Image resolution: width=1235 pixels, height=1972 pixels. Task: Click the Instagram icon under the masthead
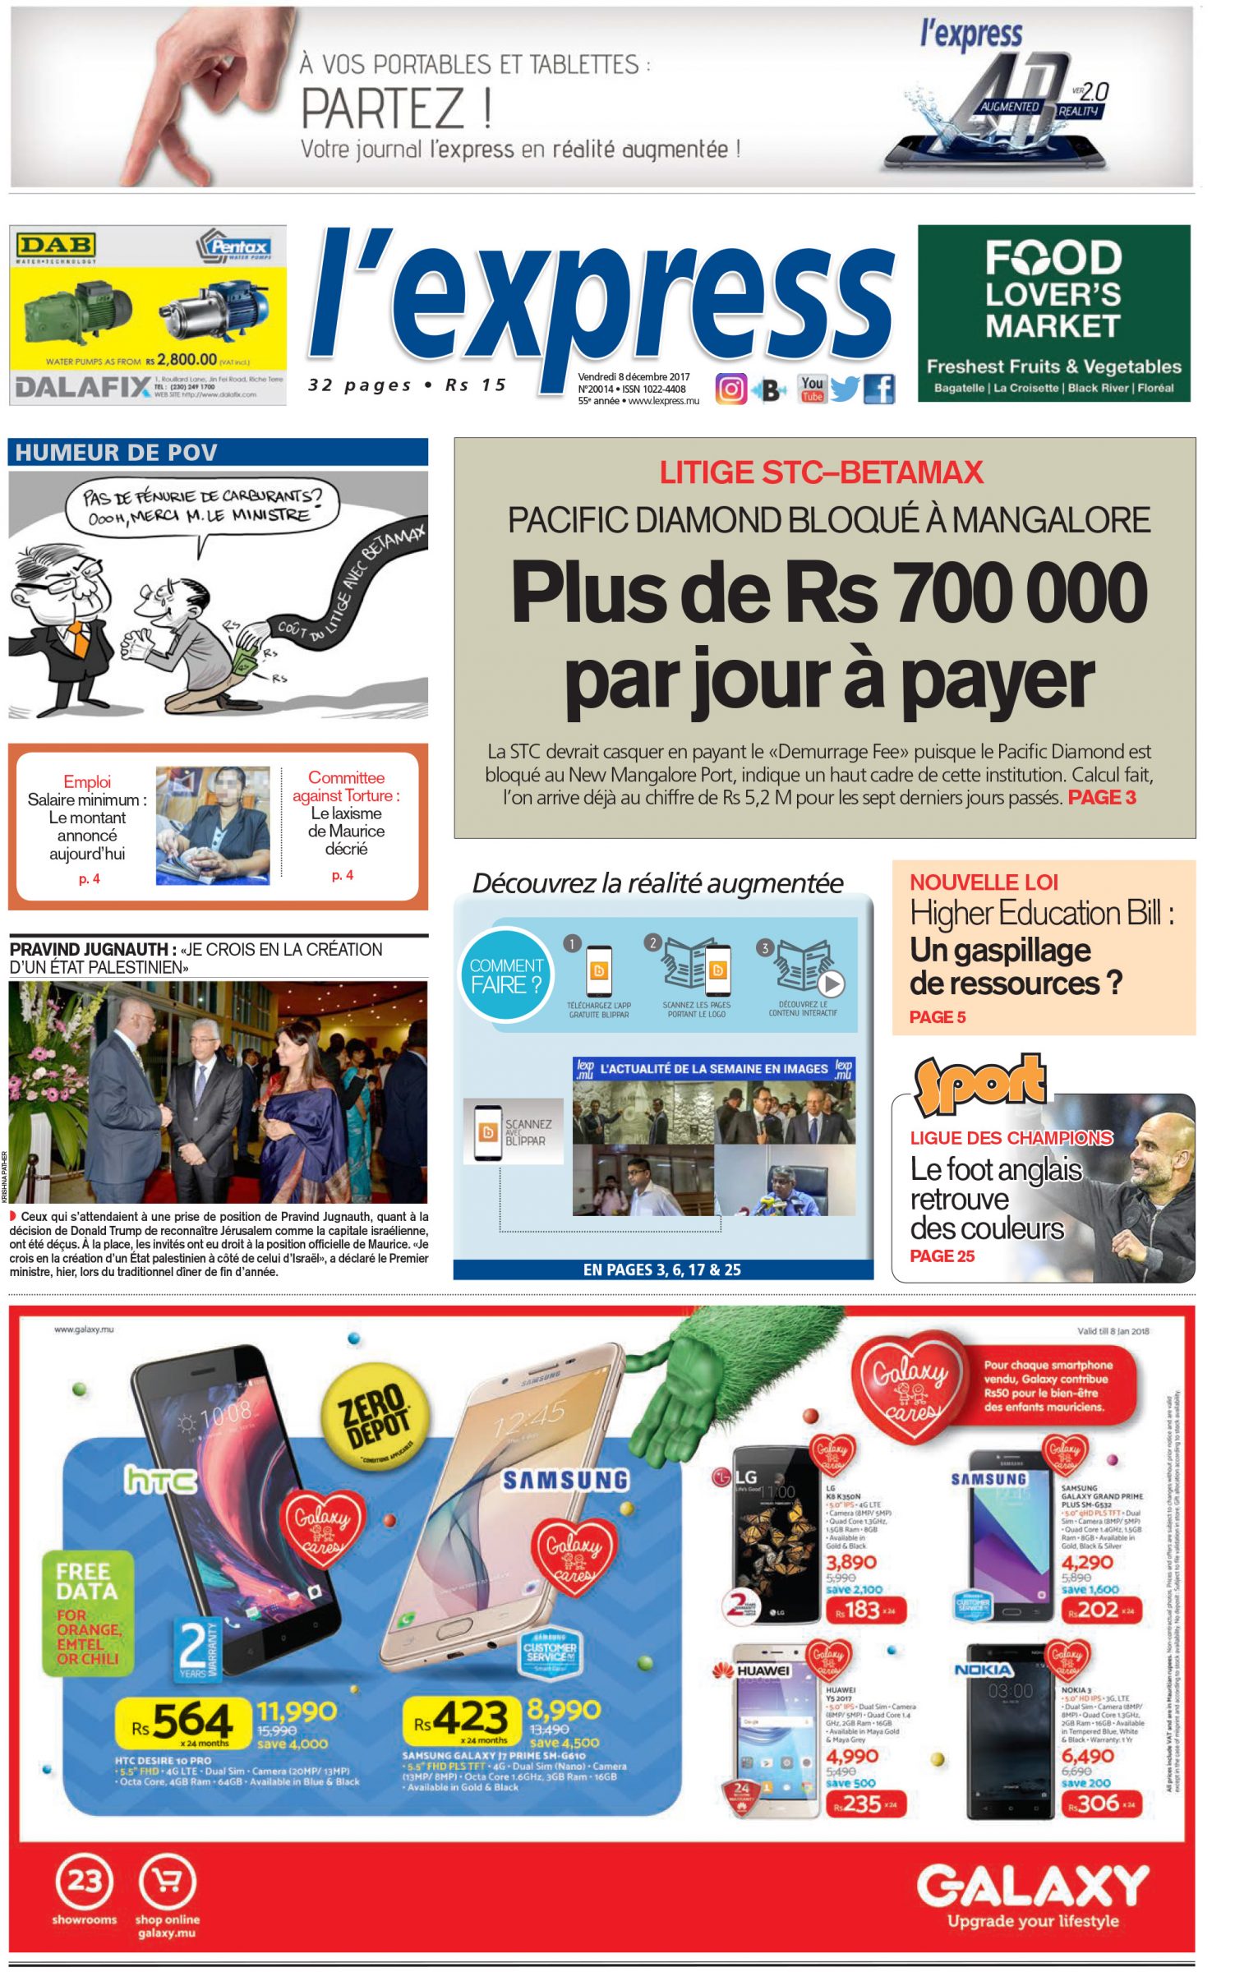point(730,389)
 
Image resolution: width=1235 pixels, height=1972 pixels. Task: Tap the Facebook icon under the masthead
point(878,389)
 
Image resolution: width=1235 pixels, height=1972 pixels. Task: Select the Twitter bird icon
point(845,389)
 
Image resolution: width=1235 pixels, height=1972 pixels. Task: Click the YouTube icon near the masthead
point(812,389)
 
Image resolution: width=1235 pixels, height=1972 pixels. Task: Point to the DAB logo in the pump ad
point(56,244)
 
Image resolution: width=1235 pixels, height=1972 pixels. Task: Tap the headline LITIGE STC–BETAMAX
point(821,472)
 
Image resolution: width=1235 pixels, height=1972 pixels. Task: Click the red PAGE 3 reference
point(1101,797)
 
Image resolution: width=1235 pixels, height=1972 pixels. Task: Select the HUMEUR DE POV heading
point(116,453)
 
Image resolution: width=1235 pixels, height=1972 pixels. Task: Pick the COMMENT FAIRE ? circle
point(506,976)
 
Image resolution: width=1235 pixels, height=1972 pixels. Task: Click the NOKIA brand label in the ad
point(983,1670)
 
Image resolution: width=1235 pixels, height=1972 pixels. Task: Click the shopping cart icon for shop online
point(167,1881)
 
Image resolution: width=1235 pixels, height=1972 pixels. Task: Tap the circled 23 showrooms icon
point(84,1880)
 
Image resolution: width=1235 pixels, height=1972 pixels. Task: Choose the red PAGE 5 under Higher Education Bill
point(937,1017)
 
